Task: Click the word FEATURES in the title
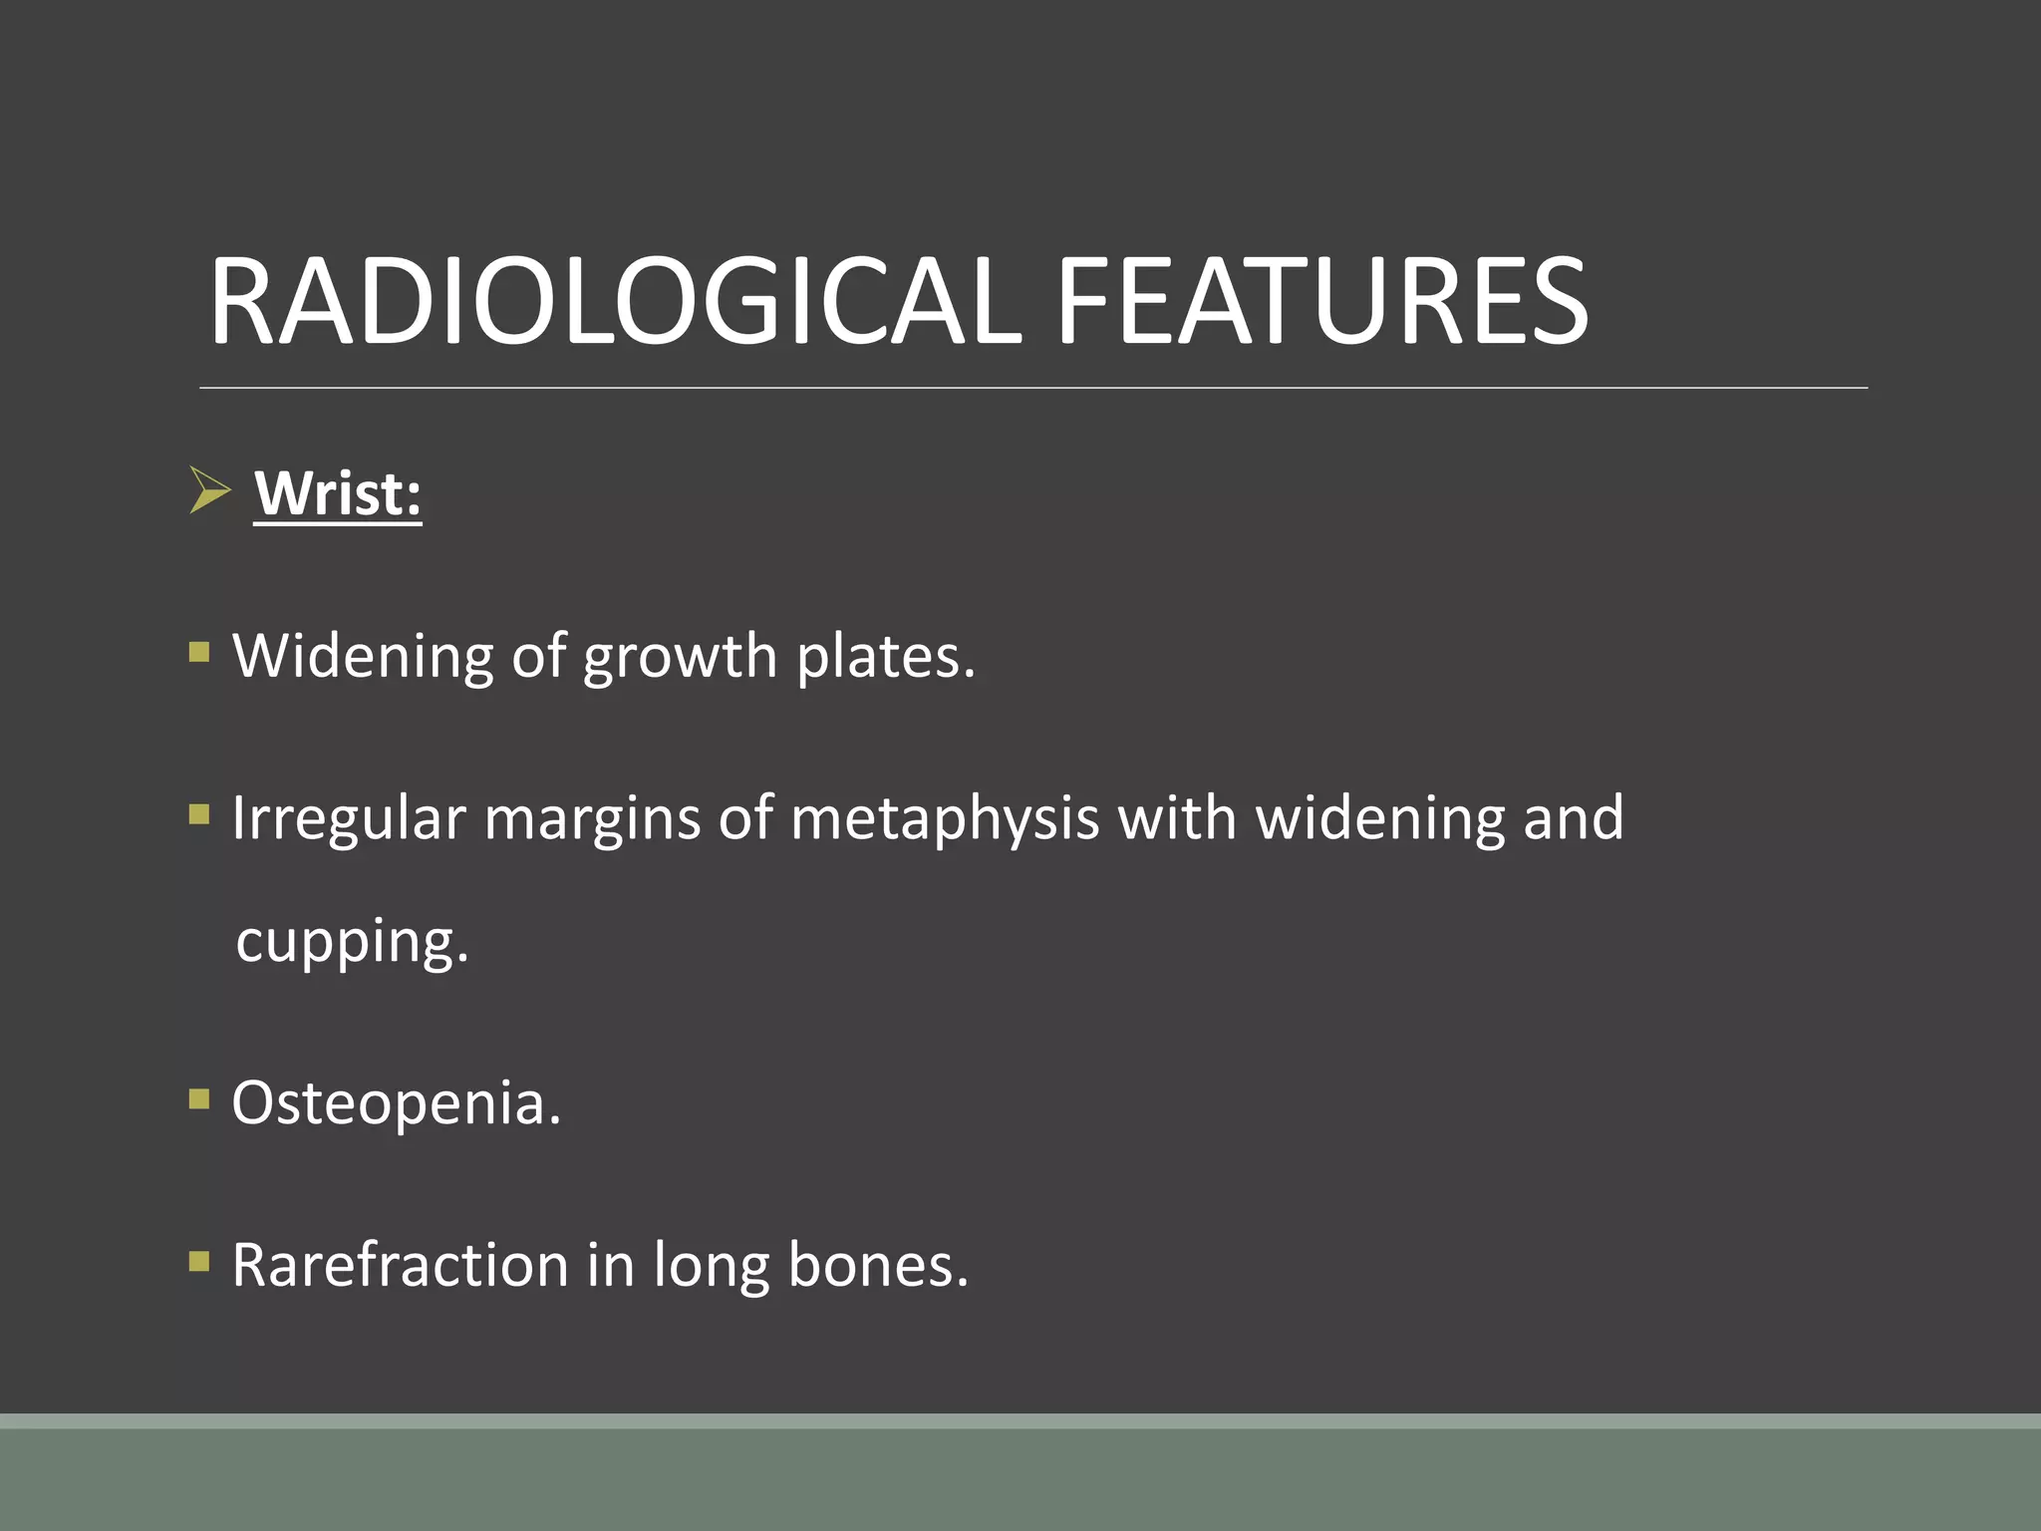click(x=1321, y=302)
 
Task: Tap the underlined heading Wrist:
click(x=338, y=493)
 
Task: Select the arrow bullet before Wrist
click(x=209, y=490)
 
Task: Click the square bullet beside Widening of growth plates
click(x=199, y=653)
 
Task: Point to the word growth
click(x=680, y=658)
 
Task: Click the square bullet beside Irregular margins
click(x=199, y=815)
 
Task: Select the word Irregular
click(x=349, y=820)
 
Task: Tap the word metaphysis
click(x=945, y=820)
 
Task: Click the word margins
click(x=592, y=820)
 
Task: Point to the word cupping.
click(x=352, y=943)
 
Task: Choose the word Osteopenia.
click(x=397, y=1103)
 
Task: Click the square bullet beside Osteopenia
click(x=199, y=1099)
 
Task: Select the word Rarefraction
click(x=400, y=1266)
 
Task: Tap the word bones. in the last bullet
click(x=878, y=1266)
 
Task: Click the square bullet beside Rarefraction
click(x=199, y=1262)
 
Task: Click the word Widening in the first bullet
click(x=363, y=658)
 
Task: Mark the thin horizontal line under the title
click(x=1032, y=388)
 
